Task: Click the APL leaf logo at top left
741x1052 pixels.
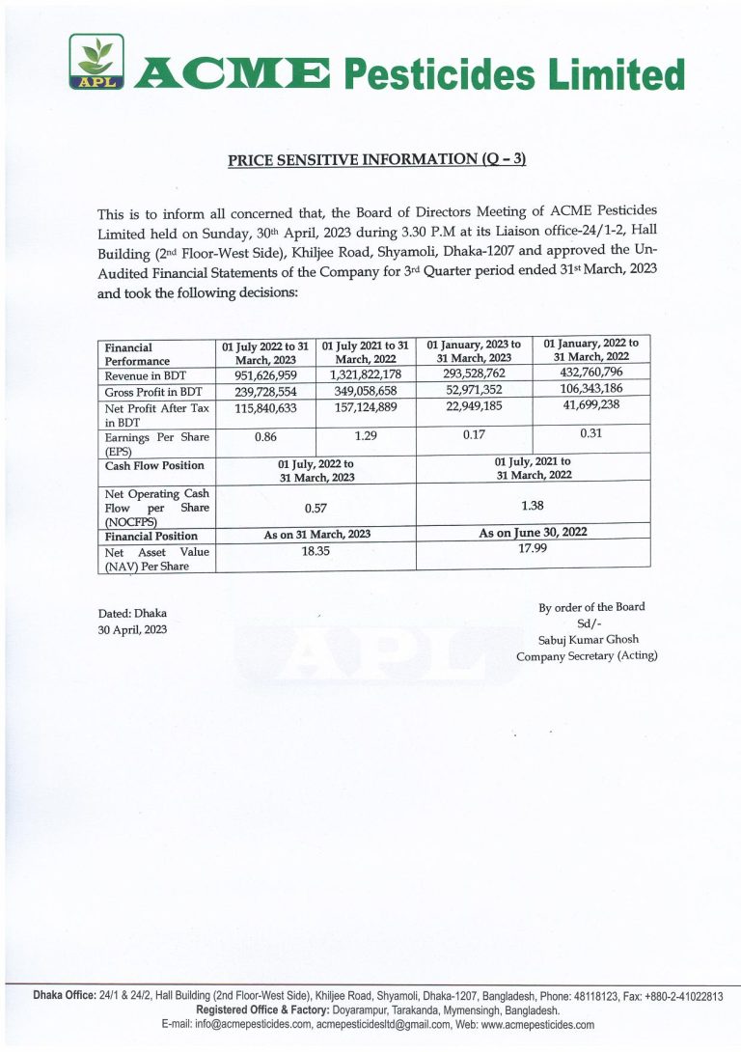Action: pyautogui.click(x=96, y=64)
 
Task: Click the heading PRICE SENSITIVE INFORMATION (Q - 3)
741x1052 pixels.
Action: pyautogui.click(x=377, y=160)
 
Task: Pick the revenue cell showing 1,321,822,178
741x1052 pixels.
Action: pyautogui.click(x=366, y=374)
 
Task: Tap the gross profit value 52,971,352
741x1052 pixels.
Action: pyautogui.click(x=474, y=389)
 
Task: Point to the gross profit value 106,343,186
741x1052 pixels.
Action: pyautogui.click(x=590, y=388)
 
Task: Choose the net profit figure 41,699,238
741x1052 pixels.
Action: pyautogui.click(x=590, y=405)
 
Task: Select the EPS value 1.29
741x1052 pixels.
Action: pyautogui.click(x=365, y=436)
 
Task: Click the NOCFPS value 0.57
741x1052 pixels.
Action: pyautogui.click(x=316, y=505)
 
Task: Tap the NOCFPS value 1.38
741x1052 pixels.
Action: pyautogui.click(x=533, y=503)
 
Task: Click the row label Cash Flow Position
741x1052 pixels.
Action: pyautogui.click(x=154, y=465)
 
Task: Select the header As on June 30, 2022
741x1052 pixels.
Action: pyautogui.click(x=533, y=532)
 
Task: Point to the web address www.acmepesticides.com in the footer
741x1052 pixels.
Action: pyautogui.click(x=538, y=1025)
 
